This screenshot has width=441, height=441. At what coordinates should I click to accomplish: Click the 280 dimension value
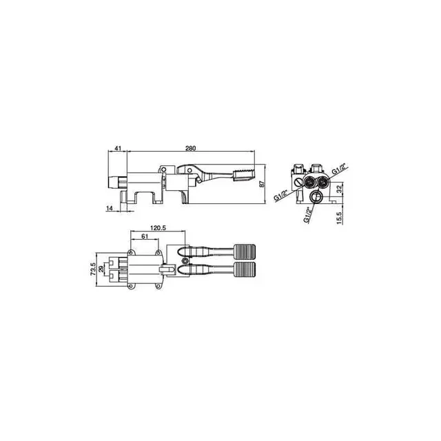tap(190, 148)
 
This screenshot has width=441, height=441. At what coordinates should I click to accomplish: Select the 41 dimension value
tap(118, 148)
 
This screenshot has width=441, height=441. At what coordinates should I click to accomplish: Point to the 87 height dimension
tap(262, 184)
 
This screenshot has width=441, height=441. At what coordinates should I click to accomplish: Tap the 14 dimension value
tap(110, 208)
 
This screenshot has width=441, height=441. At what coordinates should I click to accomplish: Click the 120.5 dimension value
tap(158, 228)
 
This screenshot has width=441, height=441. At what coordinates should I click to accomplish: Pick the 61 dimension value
tap(145, 236)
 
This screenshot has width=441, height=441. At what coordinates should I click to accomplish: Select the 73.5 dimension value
tap(93, 269)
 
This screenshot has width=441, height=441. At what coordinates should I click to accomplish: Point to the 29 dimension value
tap(101, 269)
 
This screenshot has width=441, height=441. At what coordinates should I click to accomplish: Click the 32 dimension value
tap(340, 189)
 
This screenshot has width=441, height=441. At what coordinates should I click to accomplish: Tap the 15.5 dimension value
tap(339, 218)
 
